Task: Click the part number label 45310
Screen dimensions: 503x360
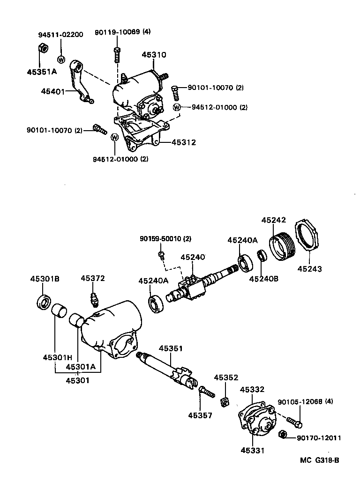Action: [154, 55]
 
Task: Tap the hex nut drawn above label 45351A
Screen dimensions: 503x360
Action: [41, 48]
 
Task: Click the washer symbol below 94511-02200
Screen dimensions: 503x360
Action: [60, 59]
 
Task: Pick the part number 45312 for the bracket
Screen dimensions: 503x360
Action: [183, 142]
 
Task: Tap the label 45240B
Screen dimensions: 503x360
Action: [263, 279]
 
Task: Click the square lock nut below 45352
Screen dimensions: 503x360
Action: [225, 401]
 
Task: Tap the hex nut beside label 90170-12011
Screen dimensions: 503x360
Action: [283, 434]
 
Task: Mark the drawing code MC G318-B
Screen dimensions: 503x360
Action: [319, 460]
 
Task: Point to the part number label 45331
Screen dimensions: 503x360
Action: [252, 451]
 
